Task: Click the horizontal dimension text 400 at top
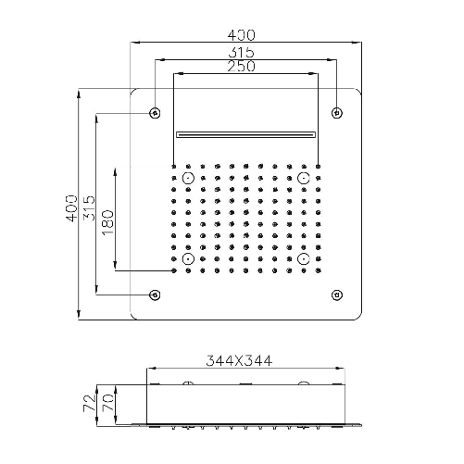tap(245, 35)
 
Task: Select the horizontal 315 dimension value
tap(245, 53)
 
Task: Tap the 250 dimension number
tap(245, 67)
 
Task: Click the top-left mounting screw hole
tap(155, 113)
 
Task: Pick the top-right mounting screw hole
tap(336, 113)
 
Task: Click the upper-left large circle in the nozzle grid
tap(188, 177)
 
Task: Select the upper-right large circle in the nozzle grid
tap(303, 177)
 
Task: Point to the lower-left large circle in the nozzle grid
tap(188, 260)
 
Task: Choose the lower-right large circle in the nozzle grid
tap(303, 260)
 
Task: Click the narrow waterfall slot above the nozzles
tap(245, 133)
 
